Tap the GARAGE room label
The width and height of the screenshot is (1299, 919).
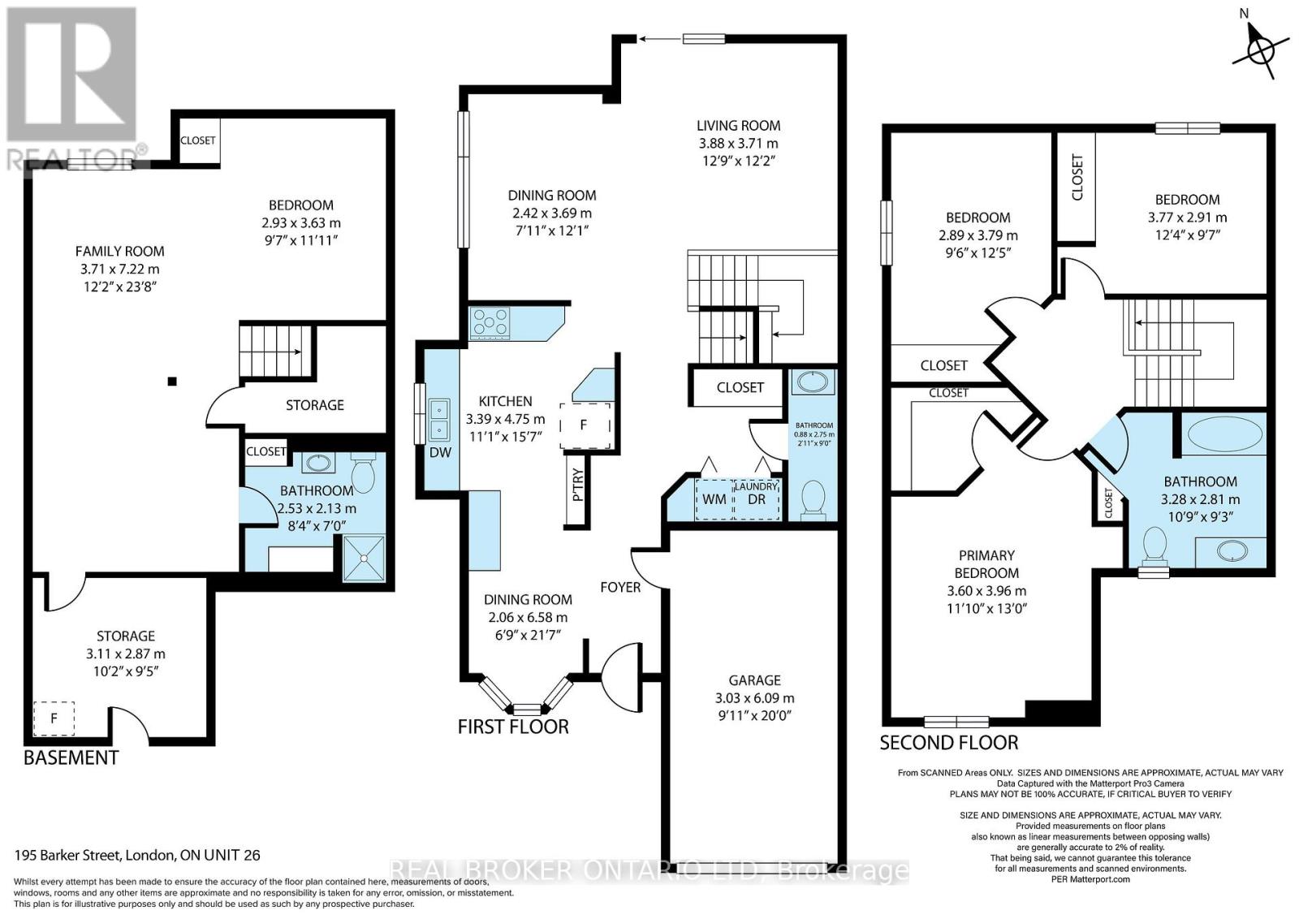754,680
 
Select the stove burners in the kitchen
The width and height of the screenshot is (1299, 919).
490,322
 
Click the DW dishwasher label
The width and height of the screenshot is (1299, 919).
440,452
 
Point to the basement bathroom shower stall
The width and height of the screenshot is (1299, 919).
364,557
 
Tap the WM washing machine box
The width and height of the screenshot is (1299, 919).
714,499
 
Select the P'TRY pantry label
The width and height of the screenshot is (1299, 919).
577,485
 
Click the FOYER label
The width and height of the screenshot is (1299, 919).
620,587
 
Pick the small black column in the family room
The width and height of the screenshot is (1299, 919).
172,381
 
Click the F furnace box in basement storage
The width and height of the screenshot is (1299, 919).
54,718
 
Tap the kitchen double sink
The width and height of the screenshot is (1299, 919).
439,419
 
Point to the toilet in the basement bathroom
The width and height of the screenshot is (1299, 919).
364,472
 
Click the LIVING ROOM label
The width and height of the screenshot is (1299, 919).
738,125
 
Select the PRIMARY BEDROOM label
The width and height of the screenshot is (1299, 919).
986,564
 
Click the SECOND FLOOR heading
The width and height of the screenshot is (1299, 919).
949,743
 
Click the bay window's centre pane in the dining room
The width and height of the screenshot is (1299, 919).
527,709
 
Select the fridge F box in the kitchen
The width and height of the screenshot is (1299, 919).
585,425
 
